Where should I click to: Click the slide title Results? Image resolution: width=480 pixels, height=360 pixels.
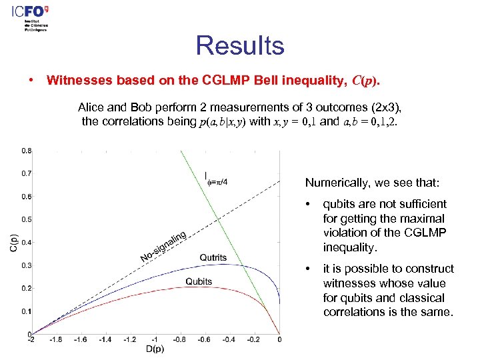[240, 46]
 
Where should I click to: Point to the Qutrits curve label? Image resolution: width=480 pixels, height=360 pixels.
[213, 257]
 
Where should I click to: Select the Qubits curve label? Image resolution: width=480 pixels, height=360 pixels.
[199, 281]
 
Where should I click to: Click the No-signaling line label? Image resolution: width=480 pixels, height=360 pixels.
[163, 246]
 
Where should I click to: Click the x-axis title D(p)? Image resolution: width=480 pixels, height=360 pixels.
[155, 349]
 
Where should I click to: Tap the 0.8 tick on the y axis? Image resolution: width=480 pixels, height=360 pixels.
[24, 151]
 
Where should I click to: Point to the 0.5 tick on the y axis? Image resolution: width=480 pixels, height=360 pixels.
[24, 219]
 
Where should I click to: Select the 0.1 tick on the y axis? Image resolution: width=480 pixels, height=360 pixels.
[24, 311]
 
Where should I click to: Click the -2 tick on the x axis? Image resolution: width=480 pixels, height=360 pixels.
[31, 340]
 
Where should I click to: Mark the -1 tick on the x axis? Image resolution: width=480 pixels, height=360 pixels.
[155, 340]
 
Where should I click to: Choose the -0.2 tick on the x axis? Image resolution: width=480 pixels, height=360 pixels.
[254, 340]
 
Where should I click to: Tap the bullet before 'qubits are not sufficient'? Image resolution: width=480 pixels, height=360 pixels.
[307, 204]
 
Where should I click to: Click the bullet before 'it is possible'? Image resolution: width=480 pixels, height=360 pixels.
[307, 269]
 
